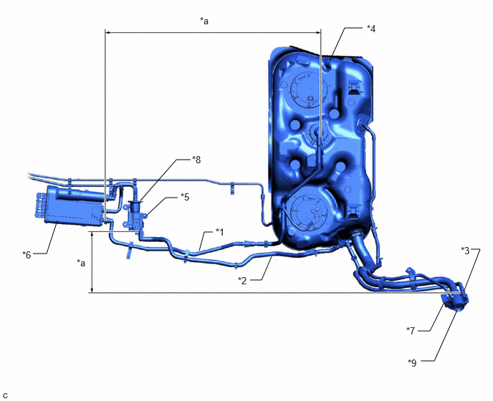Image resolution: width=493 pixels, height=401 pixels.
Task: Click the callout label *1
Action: [219, 232]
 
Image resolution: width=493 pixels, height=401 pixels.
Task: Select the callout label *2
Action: [242, 280]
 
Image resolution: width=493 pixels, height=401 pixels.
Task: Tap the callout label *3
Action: [465, 251]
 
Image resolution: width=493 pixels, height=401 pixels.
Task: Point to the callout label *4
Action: [371, 29]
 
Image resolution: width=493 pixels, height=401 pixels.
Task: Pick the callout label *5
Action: [185, 197]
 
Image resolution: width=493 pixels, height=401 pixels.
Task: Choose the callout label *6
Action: [27, 254]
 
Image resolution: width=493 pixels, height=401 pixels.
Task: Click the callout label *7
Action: [411, 331]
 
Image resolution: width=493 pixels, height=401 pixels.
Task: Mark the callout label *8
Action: [196, 160]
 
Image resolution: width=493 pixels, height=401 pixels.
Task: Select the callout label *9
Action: [412, 363]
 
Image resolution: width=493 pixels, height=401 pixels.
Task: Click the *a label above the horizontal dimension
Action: [204, 21]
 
